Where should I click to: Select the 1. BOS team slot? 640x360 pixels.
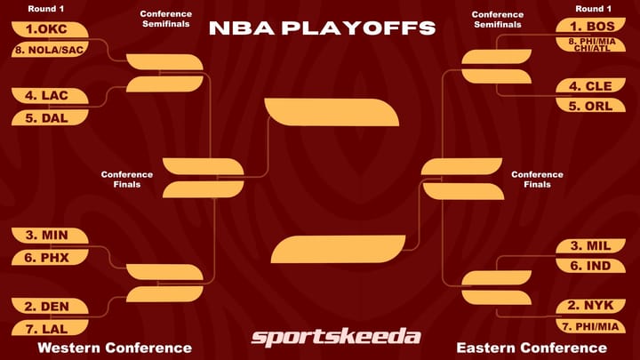tap(592, 27)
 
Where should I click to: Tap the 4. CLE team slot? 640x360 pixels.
tap(592, 86)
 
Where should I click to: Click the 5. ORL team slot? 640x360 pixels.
tap(592, 106)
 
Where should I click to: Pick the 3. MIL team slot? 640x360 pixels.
tap(592, 246)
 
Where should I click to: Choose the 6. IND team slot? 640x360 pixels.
tap(592, 266)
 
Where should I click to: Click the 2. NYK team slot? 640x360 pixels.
tap(592, 307)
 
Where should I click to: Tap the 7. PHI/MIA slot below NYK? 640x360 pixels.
tap(592, 326)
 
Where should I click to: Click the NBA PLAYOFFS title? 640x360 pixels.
tap(322, 28)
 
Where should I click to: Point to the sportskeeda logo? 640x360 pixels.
tap(335, 337)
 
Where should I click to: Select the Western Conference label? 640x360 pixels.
tap(103, 348)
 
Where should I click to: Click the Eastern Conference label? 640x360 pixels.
tap(532, 348)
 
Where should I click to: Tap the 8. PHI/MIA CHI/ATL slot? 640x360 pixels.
tap(592, 44)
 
